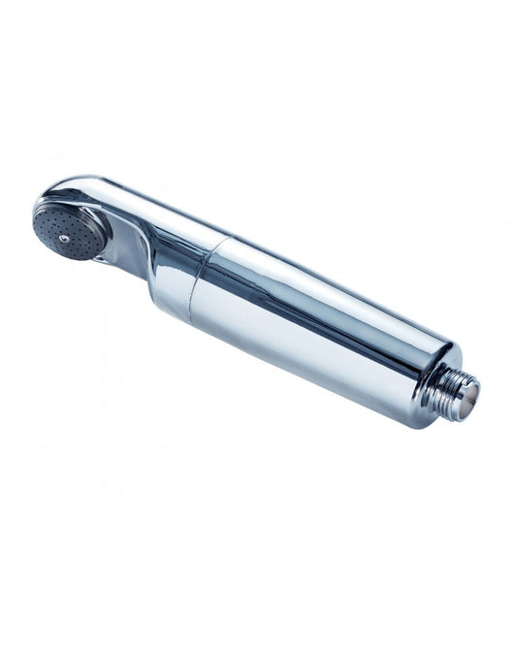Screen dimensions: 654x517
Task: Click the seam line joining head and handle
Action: [x=206, y=272]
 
